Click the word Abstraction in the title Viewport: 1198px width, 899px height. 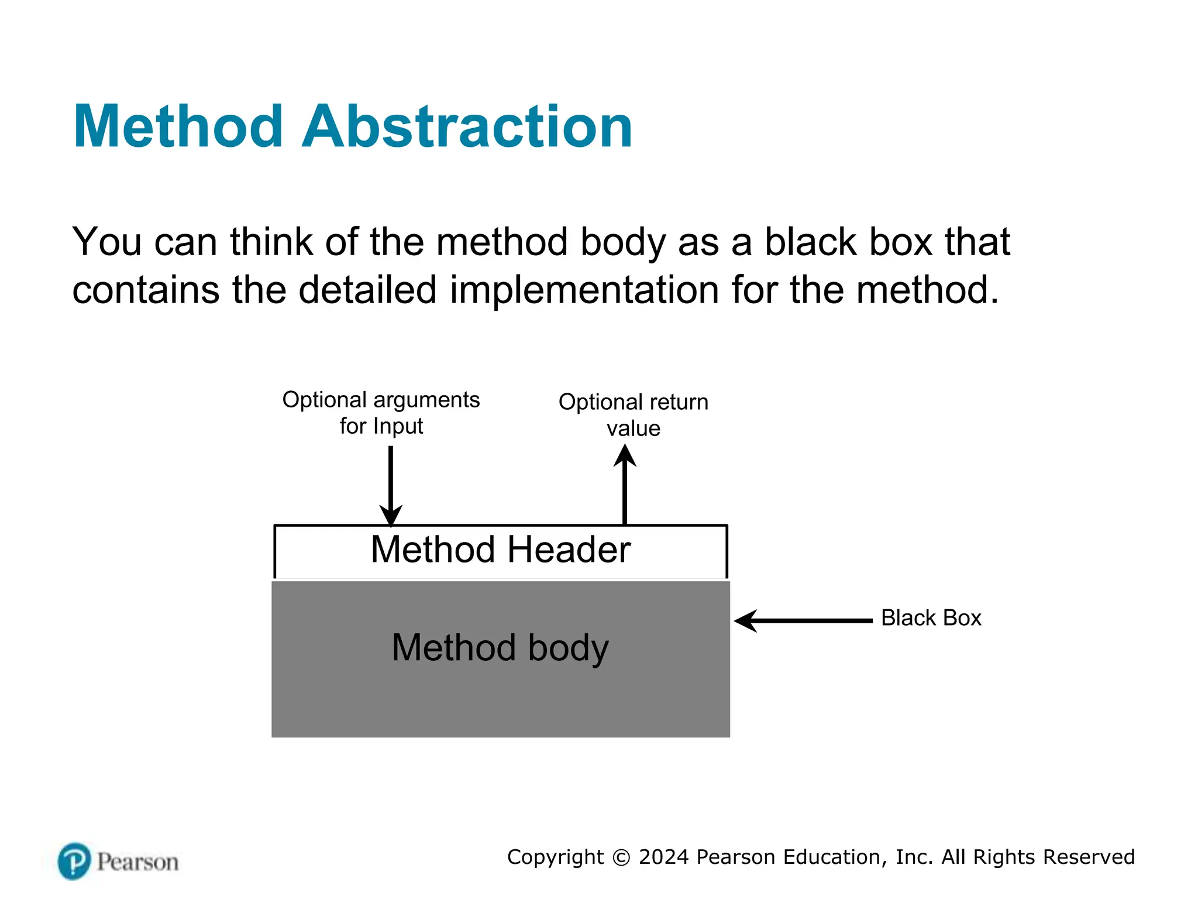pos(467,126)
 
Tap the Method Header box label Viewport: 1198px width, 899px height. pos(501,550)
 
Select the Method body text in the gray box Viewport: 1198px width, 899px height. pos(500,648)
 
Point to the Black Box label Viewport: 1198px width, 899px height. pos(931,618)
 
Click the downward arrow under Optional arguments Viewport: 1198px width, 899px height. pos(391,486)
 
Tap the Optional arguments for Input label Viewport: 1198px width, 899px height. pos(381,413)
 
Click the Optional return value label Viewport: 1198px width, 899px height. pos(634,415)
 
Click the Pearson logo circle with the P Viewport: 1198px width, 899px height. pos(74,861)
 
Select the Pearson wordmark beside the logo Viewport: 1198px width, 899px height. pos(137,862)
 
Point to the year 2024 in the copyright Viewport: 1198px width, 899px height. pos(663,857)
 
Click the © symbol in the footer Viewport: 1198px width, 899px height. pos(621,857)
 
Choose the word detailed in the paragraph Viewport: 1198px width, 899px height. pos(367,290)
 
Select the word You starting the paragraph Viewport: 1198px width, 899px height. pos(106,241)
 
